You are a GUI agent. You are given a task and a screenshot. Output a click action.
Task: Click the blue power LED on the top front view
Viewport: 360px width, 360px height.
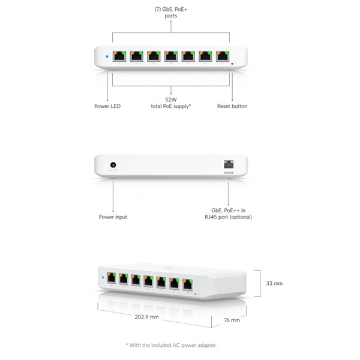(107, 56)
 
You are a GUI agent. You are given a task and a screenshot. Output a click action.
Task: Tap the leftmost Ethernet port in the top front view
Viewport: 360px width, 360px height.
(119, 56)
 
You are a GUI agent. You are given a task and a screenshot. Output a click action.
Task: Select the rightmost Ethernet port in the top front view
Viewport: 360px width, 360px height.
(223, 56)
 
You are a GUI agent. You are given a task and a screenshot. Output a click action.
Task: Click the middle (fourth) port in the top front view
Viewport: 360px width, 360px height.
(171, 56)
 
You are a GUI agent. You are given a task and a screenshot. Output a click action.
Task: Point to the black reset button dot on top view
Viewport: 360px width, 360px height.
(232, 64)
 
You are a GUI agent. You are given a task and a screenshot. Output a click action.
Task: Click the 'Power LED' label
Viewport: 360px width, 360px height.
(107, 106)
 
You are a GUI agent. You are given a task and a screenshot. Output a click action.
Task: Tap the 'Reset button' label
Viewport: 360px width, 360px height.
(232, 106)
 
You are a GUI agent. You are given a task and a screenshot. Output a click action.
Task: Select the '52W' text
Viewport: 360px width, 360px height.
(171, 100)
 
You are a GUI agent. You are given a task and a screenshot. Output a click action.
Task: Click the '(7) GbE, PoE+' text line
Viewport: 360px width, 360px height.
(171, 10)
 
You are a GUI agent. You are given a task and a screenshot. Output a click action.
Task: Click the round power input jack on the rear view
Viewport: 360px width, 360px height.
(113, 165)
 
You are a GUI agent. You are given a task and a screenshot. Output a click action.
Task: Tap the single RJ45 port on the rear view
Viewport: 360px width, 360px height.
(229, 164)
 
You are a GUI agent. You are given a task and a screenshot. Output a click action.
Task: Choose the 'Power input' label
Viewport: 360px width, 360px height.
(113, 217)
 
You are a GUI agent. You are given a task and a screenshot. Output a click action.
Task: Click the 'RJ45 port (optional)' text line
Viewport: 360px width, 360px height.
(229, 217)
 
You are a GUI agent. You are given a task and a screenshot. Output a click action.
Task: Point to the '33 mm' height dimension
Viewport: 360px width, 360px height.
(275, 283)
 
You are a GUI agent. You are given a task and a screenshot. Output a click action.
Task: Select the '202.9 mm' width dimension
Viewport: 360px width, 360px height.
(147, 317)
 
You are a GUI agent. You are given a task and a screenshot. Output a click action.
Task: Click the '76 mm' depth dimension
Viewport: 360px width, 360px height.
(232, 320)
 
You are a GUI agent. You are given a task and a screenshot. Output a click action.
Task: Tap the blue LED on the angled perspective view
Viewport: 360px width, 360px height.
(103, 277)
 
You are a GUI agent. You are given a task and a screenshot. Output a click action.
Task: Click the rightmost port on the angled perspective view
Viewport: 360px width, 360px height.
(188, 284)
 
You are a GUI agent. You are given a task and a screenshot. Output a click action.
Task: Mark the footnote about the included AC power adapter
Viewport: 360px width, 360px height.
(171, 346)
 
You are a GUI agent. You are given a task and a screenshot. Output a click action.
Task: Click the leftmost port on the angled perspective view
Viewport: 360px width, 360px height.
(112, 278)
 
